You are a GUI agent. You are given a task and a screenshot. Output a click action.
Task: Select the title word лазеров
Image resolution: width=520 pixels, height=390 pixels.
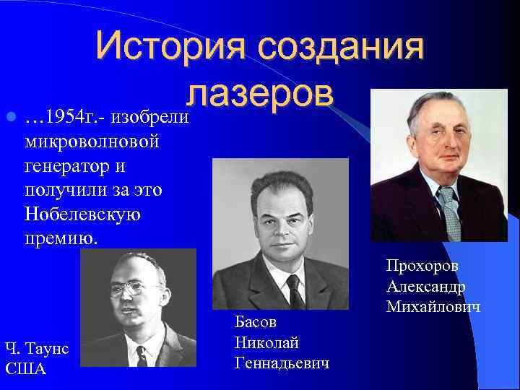pyautogui.click(x=260, y=96)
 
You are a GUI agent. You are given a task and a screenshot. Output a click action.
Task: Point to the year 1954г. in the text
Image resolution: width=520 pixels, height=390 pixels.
pyautogui.click(x=69, y=116)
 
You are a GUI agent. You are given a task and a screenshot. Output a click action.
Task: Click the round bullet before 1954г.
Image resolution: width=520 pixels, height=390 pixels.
pyautogui.click(x=9, y=116)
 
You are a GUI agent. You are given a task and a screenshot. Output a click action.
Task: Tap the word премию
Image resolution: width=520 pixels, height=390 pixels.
pyautogui.click(x=60, y=238)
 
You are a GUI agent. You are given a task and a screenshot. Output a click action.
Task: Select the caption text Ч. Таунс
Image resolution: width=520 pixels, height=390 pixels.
pyautogui.click(x=37, y=349)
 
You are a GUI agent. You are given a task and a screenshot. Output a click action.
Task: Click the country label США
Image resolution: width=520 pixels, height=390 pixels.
pyautogui.click(x=25, y=369)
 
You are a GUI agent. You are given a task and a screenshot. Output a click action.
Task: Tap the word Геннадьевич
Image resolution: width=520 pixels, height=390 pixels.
pyautogui.click(x=282, y=363)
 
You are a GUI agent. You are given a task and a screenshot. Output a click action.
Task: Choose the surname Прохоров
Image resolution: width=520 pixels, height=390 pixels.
pyautogui.click(x=422, y=265)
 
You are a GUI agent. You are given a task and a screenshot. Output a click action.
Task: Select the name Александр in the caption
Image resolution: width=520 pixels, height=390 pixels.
pyautogui.click(x=425, y=287)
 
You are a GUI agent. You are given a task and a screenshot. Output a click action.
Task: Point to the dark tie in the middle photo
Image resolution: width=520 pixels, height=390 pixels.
pyautogui.click(x=294, y=291)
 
